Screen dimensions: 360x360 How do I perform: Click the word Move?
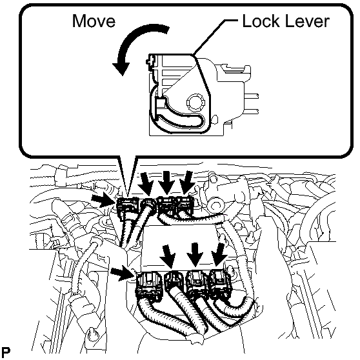tap(94, 21)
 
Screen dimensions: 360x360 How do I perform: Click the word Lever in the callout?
tap(305, 21)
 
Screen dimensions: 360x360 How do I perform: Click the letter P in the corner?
tap(6, 352)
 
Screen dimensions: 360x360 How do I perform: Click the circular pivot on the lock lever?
tap(195, 102)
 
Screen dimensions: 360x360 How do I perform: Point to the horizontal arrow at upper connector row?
tap(103, 199)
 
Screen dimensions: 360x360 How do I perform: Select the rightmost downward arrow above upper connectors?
tap(186, 183)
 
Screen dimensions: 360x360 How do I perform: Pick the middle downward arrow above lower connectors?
tap(195, 255)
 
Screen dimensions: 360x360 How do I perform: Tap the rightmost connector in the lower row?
tap(220, 283)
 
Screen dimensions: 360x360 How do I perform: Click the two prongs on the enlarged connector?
tap(252, 104)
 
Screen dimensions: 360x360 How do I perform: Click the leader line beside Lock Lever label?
tap(214, 37)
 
